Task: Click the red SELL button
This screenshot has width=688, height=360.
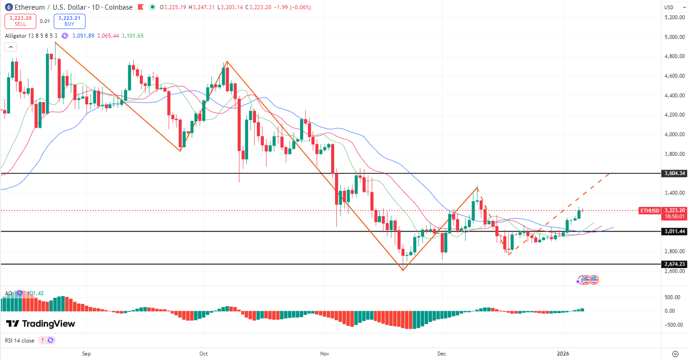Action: click(x=20, y=21)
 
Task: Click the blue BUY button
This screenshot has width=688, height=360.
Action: click(x=69, y=21)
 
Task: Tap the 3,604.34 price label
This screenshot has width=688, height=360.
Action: click(x=674, y=173)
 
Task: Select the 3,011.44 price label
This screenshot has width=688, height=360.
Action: click(x=674, y=231)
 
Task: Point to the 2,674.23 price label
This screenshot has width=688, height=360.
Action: click(x=674, y=264)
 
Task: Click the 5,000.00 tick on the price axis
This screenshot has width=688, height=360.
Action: click(x=675, y=37)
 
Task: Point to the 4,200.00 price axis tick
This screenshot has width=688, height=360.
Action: click(x=675, y=115)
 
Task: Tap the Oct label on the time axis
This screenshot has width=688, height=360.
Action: click(x=204, y=354)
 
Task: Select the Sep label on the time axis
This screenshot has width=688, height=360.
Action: click(x=86, y=354)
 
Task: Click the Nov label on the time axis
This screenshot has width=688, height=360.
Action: click(x=324, y=354)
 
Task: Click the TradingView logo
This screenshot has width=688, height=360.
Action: click(x=40, y=324)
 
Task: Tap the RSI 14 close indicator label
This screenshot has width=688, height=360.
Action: click(x=20, y=340)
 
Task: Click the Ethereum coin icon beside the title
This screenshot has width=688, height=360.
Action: click(x=8, y=7)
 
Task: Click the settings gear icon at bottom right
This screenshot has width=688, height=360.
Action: click(x=675, y=354)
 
